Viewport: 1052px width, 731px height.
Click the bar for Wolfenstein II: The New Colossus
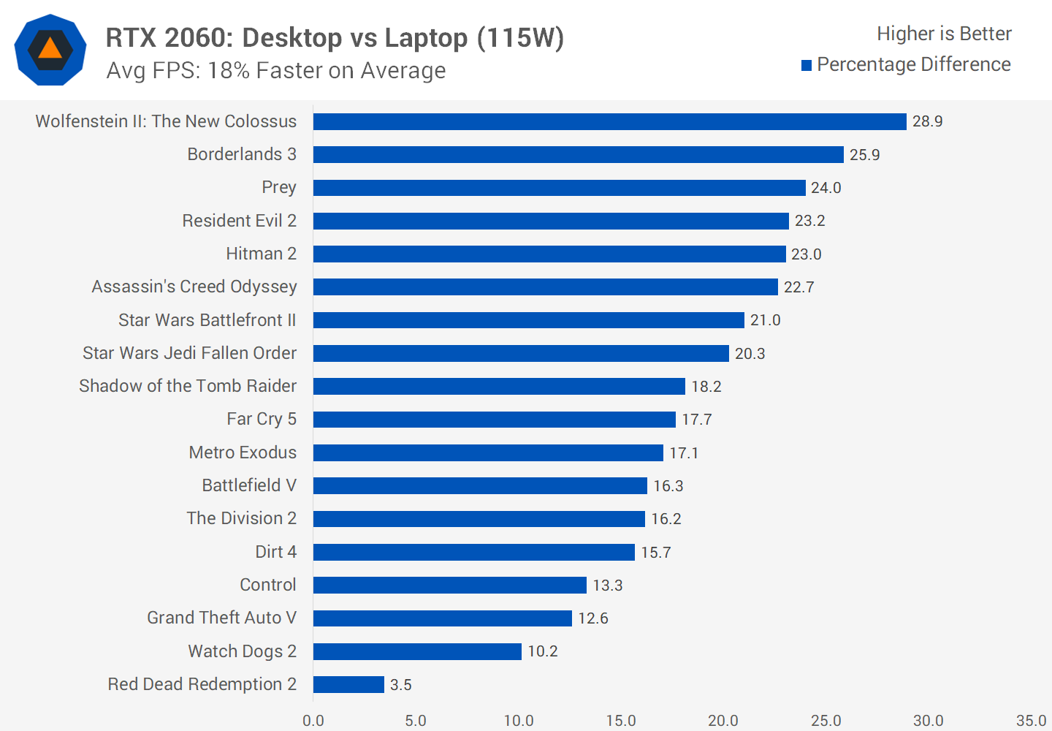[609, 121]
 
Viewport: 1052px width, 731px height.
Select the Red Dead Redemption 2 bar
[348, 684]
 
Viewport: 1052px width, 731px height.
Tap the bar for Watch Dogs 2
[417, 651]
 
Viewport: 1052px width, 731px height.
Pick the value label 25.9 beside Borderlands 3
[864, 155]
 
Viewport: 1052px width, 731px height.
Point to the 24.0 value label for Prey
[826, 188]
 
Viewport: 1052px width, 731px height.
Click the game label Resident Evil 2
[239, 221]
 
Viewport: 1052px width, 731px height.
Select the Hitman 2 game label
[261, 254]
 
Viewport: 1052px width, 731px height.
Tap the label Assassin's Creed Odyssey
[194, 287]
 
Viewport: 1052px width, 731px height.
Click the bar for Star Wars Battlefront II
[528, 320]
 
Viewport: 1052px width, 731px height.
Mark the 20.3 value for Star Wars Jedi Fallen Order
[750, 354]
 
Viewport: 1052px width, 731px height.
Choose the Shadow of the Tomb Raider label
[188, 386]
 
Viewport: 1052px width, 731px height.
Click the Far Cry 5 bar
[494, 420]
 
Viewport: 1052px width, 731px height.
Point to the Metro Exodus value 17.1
[684, 453]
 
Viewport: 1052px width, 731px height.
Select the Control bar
[449, 585]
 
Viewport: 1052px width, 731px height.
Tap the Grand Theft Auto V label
[221, 618]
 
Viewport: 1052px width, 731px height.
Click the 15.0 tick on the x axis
[620, 721]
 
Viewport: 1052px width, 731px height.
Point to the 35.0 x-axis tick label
[1031, 721]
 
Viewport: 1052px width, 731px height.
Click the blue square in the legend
[807, 66]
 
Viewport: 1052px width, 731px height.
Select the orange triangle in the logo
[50, 49]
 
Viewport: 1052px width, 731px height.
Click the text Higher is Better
[944, 34]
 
